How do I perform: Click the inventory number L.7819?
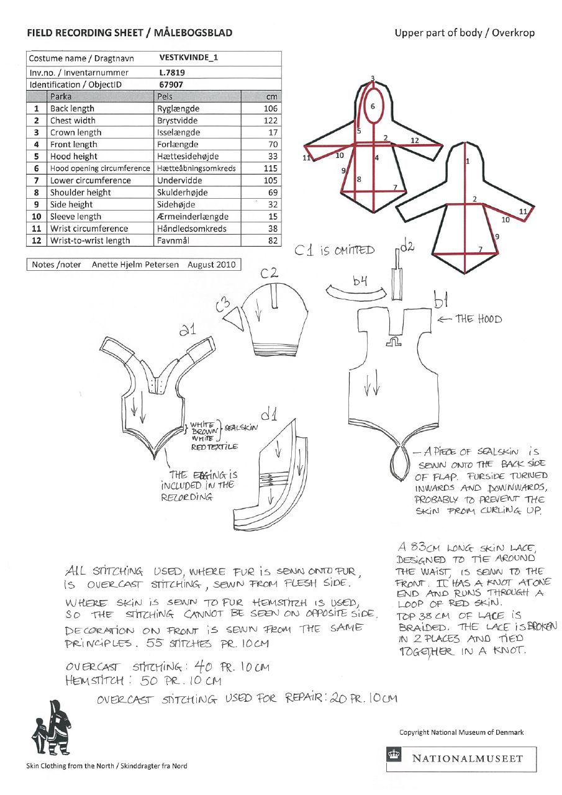click(171, 73)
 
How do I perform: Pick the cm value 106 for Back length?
click(271, 109)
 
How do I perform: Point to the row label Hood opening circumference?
click(100, 168)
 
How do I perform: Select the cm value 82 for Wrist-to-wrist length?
click(273, 241)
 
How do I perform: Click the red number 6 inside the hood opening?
click(373, 106)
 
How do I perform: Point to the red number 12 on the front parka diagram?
click(415, 140)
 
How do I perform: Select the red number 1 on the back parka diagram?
click(467, 161)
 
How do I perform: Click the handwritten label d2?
click(407, 248)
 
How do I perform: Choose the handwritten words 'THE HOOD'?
click(478, 319)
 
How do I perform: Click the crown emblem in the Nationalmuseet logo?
click(395, 758)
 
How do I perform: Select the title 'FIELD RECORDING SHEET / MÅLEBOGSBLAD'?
click(129, 33)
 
